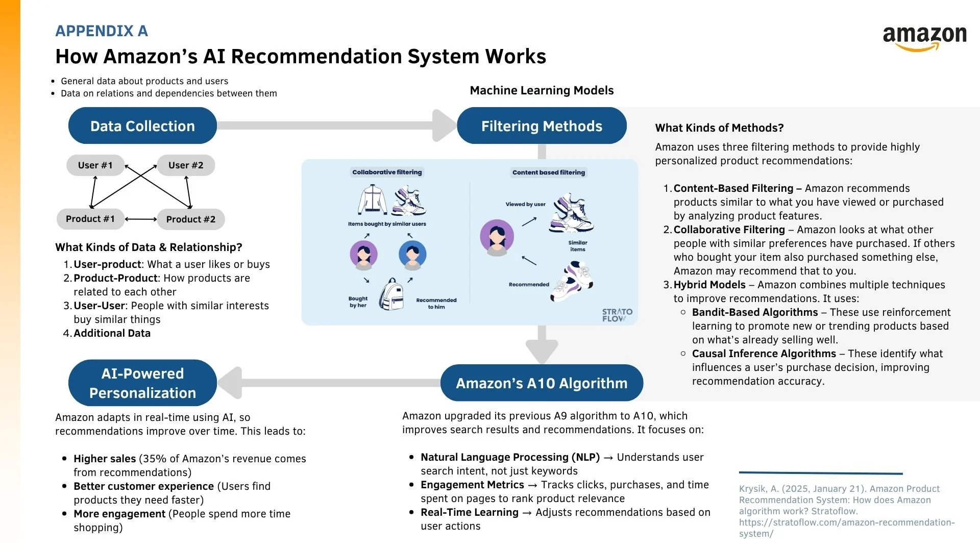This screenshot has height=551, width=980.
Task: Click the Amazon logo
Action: coord(924,38)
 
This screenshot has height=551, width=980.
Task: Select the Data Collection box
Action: coord(142,126)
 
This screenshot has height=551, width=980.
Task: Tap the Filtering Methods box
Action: coord(542,126)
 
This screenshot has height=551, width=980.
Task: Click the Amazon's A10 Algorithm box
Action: coord(542,383)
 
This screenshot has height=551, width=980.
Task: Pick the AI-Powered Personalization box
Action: coord(142,383)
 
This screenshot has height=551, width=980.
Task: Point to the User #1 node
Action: coord(95,165)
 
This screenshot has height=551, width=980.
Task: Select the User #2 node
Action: coord(186,165)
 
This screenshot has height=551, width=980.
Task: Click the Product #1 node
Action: coord(90,219)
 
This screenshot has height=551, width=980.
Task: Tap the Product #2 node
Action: coord(190,219)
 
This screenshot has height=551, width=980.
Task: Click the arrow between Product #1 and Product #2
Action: coord(141,219)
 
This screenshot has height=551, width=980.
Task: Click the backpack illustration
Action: coord(391,295)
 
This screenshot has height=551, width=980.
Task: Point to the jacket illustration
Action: coord(373,200)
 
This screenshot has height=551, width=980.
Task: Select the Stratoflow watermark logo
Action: coord(617,315)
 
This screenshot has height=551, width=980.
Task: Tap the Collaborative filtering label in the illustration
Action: coord(387,172)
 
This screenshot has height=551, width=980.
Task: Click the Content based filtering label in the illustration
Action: coord(549,172)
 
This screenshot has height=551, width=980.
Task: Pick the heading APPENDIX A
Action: coord(102,31)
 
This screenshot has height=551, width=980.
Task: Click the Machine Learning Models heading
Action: coord(542,90)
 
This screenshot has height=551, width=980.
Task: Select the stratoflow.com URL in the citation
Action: coord(846,528)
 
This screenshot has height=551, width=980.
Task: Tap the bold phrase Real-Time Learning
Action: coord(469,512)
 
